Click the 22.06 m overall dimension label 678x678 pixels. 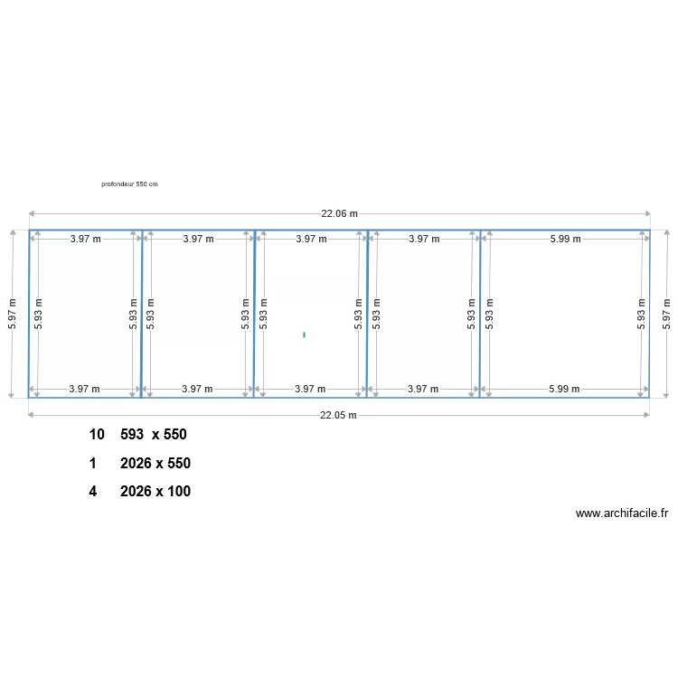coord(339,214)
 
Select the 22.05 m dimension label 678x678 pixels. coord(339,415)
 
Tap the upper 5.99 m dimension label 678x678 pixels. coord(564,239)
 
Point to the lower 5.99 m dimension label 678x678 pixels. coord(564,389)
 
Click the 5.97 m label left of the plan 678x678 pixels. coord(12,314)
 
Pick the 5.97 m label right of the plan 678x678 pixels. coord(666,314)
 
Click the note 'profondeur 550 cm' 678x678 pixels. coord(129,184)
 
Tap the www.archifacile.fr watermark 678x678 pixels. coord(621,513)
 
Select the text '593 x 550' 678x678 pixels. coord(154,435)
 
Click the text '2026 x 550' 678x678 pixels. coord(155,463)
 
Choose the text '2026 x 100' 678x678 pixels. coord(155,492)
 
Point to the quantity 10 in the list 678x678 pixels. coord(96,435)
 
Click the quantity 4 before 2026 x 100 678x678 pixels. coord(93,492)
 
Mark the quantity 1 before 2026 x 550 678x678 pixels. coord(93,463)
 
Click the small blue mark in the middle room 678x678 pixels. coord(304,334)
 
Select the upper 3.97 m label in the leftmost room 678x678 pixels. coord(85,239)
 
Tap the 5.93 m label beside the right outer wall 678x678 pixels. coord(641,314)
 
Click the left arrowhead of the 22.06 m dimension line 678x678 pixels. coord(32,214)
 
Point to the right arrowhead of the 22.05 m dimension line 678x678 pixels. coord(646,415)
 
